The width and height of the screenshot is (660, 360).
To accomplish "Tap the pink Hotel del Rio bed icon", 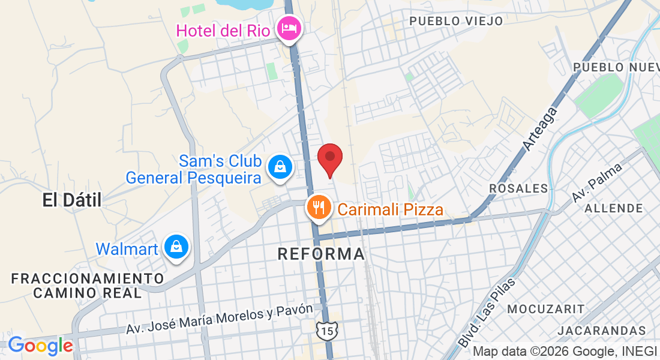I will (x=289, y=28).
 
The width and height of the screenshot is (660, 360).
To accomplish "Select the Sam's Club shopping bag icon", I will (x=280, y=167).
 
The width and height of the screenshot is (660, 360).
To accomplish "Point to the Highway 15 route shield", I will (x=327, y=329).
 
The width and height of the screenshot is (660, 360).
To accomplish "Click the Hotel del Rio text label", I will (x=222, y=31).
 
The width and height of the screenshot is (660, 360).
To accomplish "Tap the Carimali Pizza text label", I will (x=390, y=209).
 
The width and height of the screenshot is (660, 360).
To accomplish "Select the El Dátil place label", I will (x=72, y=200).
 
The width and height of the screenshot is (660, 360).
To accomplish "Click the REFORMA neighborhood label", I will (x=321, y=254).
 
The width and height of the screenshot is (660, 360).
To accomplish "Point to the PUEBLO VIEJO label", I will (x=456, y=21).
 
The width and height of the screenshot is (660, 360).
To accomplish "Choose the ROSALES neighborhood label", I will (x=518, y=188).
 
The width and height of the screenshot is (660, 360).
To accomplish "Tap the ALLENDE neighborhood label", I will (x=613, y=208).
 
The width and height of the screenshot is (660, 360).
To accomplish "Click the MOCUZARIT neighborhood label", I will (x=545, y=309).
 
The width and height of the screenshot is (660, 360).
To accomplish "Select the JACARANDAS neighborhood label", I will (x=601, y=331).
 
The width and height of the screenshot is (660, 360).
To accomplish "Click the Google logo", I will (x=40, y=346).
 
